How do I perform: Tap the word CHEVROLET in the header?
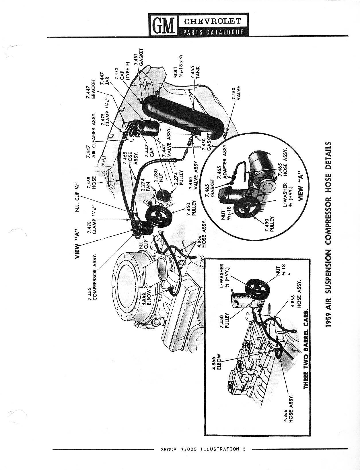coord(212,21)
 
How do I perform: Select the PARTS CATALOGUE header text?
coord(213,32)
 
